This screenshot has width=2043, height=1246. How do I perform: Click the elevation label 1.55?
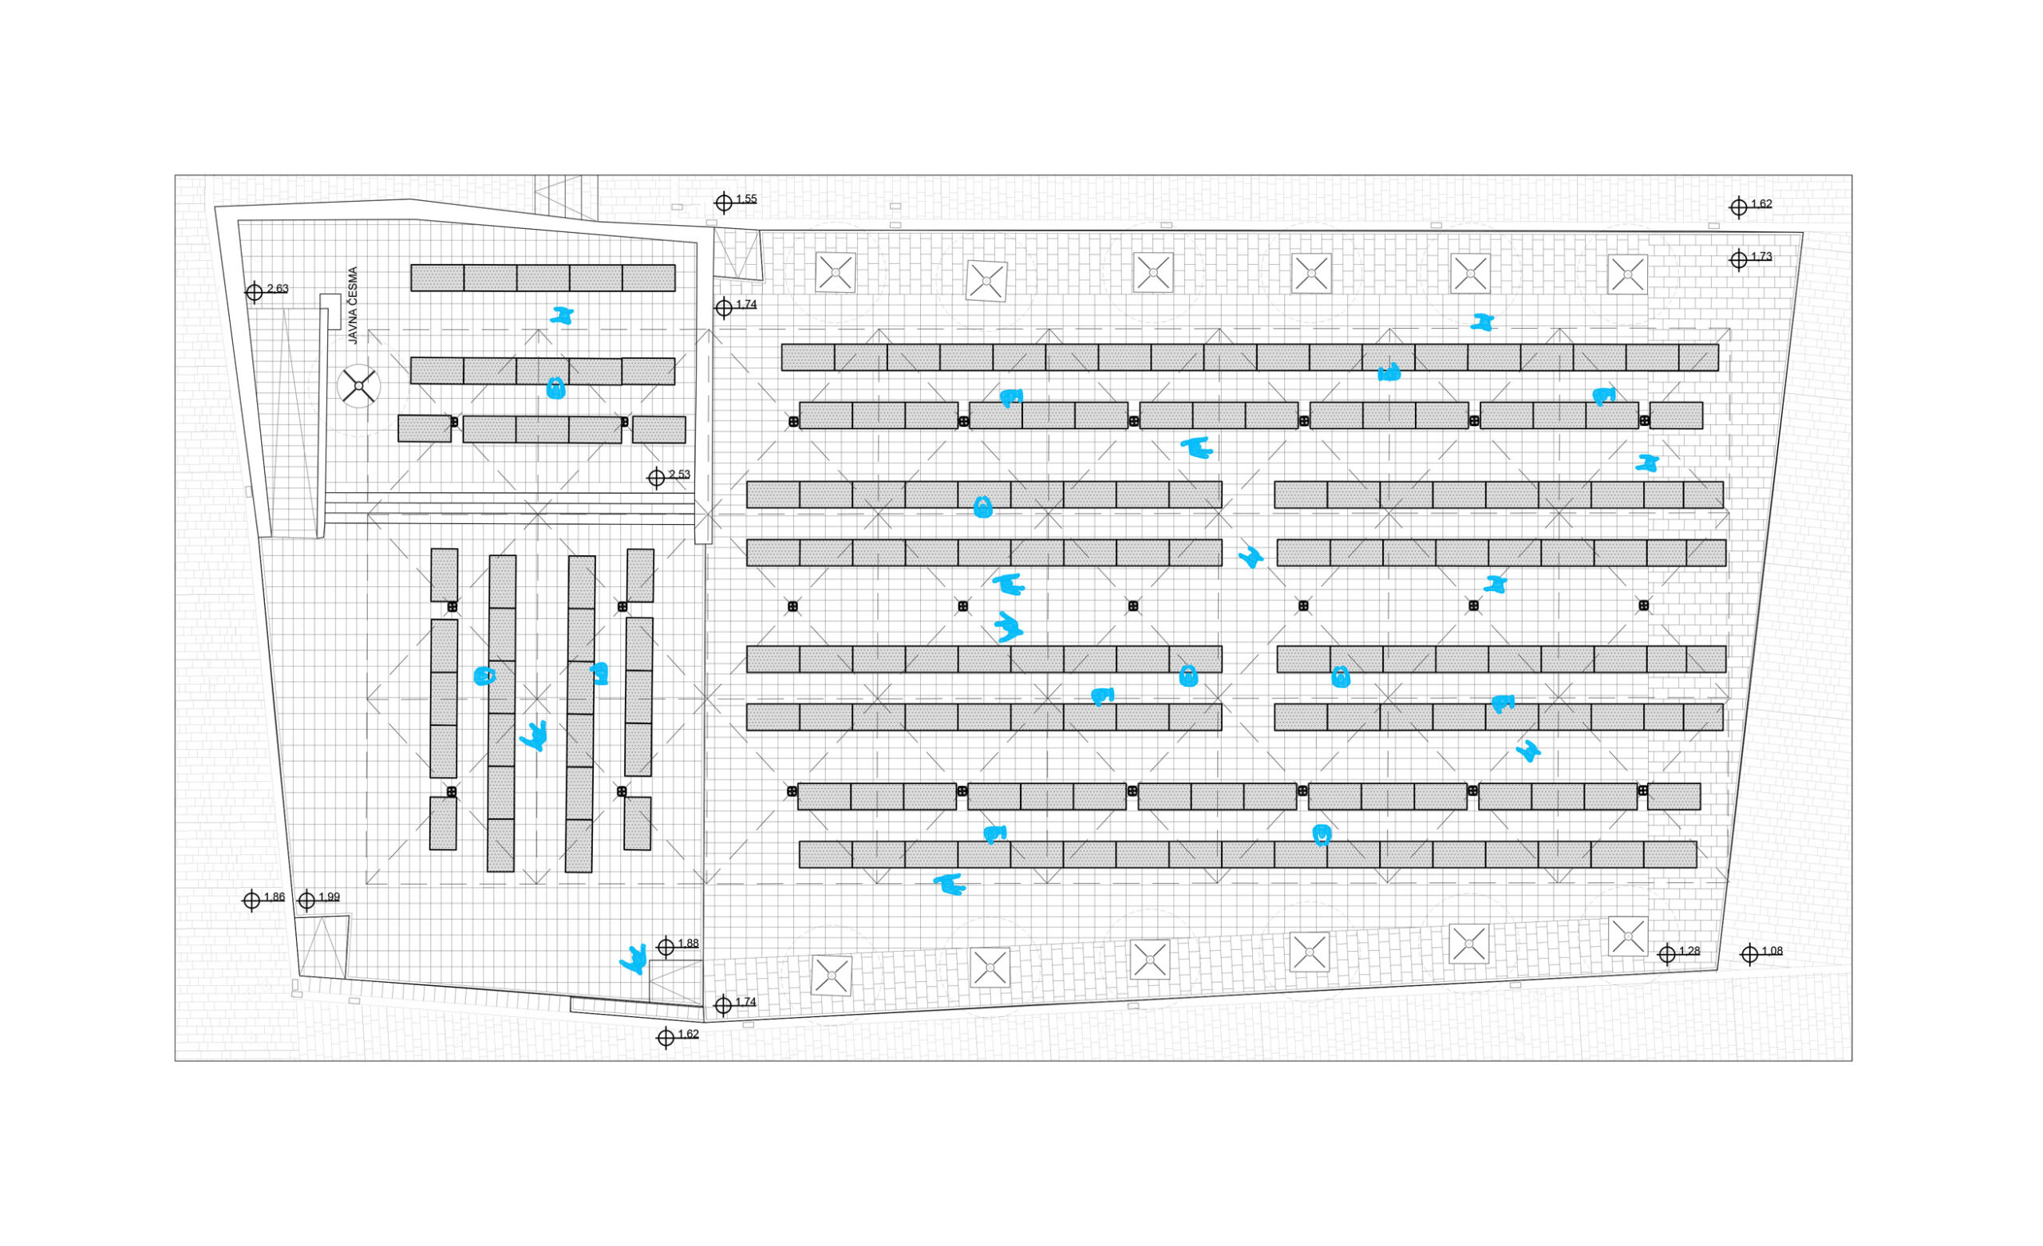coord(746,199)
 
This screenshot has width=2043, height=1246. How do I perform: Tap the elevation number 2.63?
coord(278,289)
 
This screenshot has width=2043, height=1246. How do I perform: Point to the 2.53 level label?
coord(679,474)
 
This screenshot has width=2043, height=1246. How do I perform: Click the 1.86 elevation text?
coord(275,897)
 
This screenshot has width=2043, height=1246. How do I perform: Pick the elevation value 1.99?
coord(329,897)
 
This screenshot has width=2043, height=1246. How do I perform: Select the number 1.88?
coord(688,944)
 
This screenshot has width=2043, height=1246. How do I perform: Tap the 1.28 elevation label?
coord(1689,951)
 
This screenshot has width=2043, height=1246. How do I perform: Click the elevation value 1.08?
coord(1772,951)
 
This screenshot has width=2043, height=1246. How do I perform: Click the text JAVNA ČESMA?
coord(354,305)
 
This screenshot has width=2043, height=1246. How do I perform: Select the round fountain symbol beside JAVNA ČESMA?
coord(359,386)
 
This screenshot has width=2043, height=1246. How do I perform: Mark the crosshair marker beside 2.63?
coord(255,292)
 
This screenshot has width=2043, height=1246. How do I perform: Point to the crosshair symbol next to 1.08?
coord(1749,954)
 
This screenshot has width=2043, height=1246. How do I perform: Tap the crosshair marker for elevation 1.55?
coord(724,203)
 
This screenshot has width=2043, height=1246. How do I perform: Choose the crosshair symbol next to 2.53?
coord(657,478)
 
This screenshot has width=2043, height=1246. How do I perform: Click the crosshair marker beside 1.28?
coord(1667,954)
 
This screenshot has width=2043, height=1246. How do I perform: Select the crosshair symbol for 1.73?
coord(1739,259)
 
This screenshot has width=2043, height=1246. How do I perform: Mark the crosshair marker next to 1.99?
coord(306,901)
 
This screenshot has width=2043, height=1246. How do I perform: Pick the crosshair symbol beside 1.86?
coord(252,901)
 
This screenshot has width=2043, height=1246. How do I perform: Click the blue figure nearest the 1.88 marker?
coord(634,959)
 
